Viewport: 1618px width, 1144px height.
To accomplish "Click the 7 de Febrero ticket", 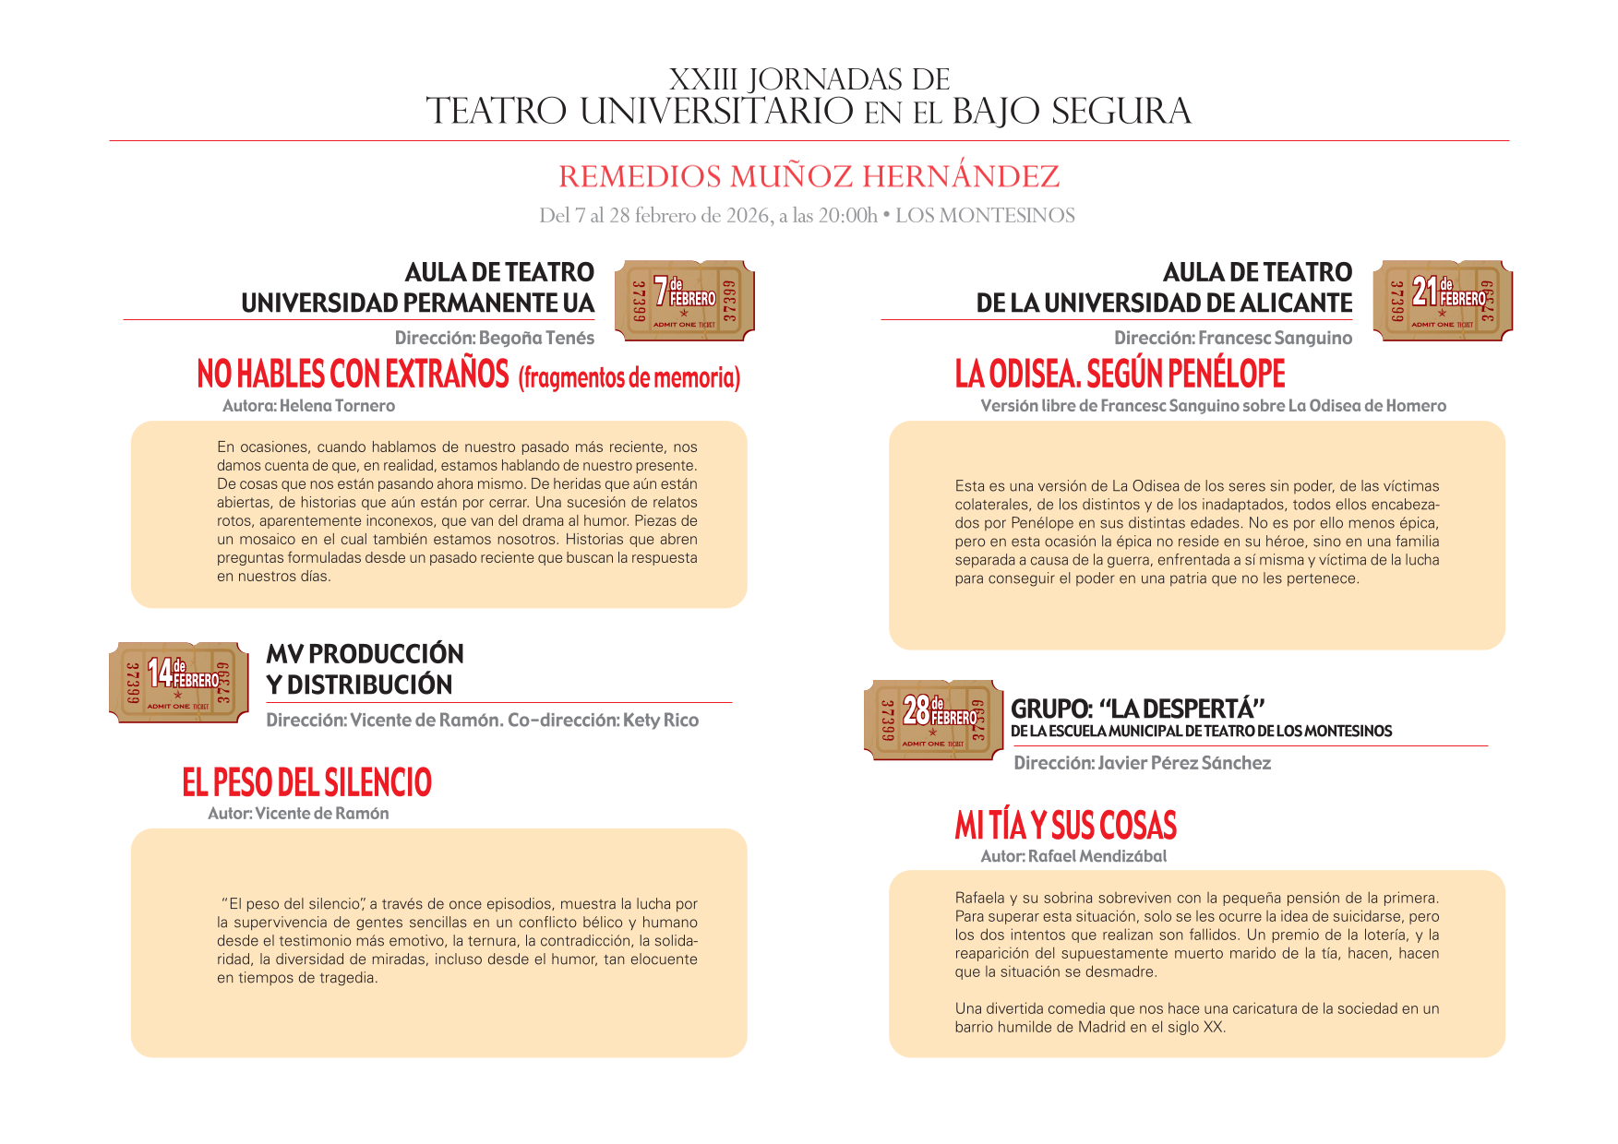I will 684,300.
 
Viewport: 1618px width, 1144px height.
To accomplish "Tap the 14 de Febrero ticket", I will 178,682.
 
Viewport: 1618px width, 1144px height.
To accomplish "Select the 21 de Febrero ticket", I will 1442,300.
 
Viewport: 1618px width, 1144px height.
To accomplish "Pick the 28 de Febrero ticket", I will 933,720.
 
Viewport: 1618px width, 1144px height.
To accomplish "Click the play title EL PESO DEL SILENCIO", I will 306,782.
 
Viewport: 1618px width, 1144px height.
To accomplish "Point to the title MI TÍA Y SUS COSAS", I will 1065,825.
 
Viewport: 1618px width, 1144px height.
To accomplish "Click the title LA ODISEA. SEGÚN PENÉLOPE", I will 1120,374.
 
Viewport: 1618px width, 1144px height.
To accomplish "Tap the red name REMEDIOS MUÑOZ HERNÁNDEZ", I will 809,176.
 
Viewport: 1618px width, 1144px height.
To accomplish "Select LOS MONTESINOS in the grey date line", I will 985,216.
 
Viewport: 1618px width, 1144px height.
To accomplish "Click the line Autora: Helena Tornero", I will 308,406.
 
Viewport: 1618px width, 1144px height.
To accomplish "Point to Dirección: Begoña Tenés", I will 494,339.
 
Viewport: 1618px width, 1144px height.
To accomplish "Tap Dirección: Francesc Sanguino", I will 1232,339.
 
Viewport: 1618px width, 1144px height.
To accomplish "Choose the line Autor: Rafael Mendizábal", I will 1073,856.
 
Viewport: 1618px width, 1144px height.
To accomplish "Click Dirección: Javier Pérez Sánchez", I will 1142,763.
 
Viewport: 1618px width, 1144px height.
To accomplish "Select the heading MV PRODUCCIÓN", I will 365,653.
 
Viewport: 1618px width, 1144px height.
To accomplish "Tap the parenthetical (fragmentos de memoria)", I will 629,377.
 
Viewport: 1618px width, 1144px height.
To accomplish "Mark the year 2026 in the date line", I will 748,216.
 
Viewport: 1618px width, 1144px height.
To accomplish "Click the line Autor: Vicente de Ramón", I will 298,814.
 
